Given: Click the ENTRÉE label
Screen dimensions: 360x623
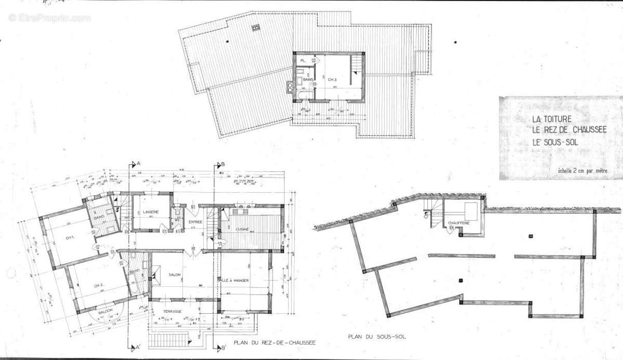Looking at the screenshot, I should pyautogui.click(x=195, y=222).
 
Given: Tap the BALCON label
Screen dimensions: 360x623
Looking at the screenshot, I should pyautogui.click(x=106, y=311).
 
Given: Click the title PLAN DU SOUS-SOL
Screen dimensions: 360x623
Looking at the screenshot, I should pyautogui.click(x=377, y=337).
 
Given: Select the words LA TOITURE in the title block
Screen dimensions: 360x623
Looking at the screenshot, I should pyautogui.click(x=547, y=118).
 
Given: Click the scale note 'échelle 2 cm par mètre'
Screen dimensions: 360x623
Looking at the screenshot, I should pyautogui.click(x=582, y=169).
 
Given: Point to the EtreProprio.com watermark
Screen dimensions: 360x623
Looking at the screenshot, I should pyautogui.click(x=49, y=18).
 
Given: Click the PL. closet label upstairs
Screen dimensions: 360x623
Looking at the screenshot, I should pyautogui.click(x=302, y=60).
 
